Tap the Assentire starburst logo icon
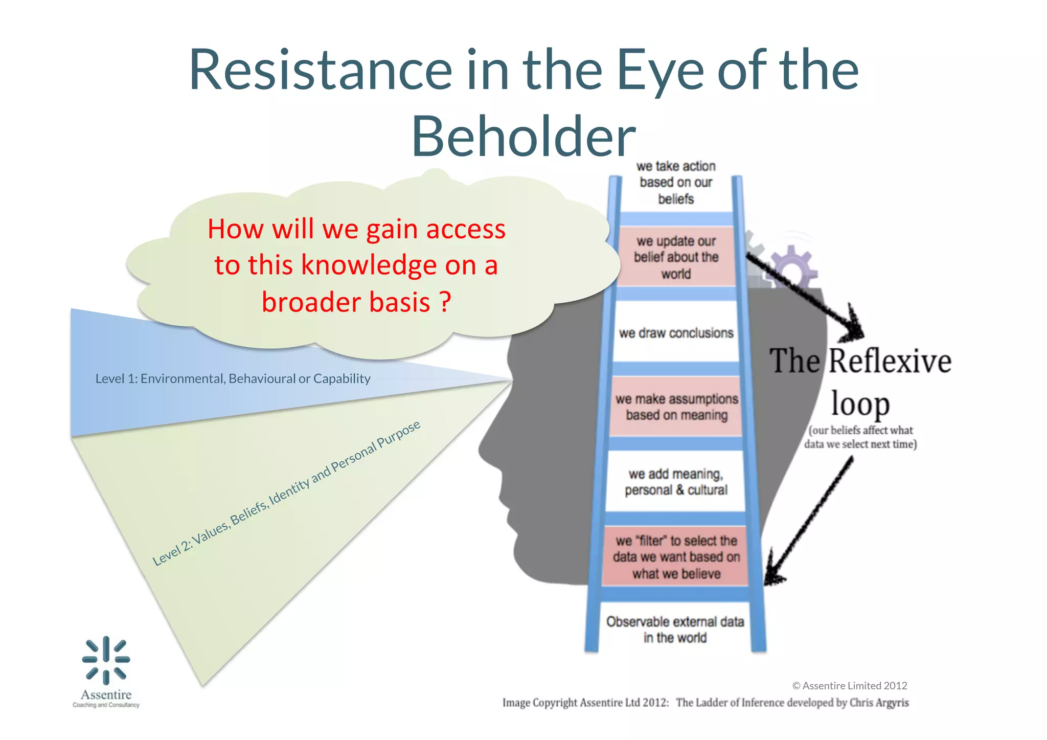coord(106,660)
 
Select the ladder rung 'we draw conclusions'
coord(676,333)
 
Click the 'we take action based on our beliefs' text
coord(676,183)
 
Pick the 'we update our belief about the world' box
coord(676,257)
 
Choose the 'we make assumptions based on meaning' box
coord(676,407)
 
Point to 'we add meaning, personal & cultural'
coord(676,482)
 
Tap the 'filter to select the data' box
coord(676,557)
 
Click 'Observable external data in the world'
coord(675,630)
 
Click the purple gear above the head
coord(792,266)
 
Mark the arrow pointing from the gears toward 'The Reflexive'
coord(808,297)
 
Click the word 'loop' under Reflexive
coord(860,404)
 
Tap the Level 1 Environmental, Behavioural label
coord(233,379)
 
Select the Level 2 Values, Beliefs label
coord(286,493)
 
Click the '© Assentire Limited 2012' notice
coord(849,686)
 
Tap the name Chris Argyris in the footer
coord(879,703)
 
